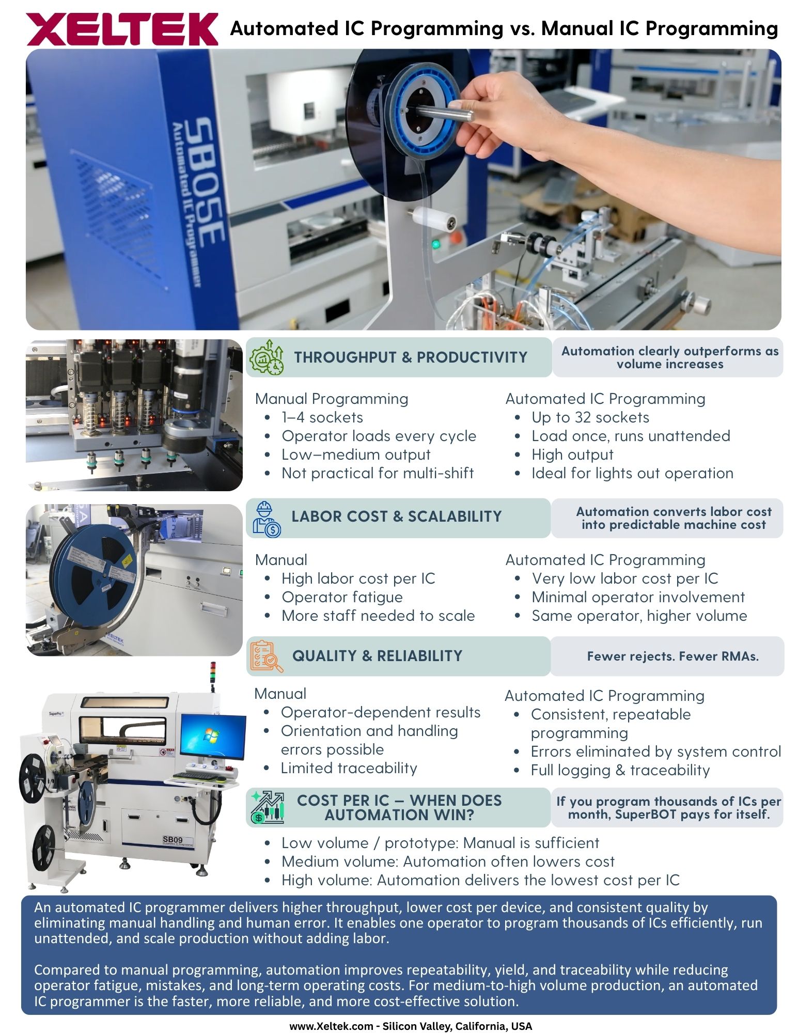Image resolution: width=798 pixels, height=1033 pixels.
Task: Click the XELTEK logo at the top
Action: coord(122,29)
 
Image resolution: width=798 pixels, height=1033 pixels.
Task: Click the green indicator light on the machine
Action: coord(435,243)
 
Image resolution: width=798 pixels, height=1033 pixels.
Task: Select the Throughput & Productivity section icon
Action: coord(267,357)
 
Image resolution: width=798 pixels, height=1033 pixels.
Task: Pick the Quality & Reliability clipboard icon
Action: coord(267,656)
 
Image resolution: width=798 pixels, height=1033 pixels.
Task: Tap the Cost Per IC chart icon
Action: coord(268,807)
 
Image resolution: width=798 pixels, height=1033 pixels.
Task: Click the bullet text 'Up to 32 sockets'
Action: coord(590,417)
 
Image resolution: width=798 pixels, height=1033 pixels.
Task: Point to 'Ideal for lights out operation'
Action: coord(632,473)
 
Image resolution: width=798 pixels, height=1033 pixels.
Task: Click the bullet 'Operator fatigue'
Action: coord(342,597)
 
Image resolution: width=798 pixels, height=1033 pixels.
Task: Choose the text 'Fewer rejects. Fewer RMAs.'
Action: coord(672,656)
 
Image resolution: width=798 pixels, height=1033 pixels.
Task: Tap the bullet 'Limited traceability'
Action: coord(349,768)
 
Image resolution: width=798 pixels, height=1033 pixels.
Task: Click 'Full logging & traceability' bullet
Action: coord(620,770)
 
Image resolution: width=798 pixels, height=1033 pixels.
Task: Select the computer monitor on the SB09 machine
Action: coord(214,738)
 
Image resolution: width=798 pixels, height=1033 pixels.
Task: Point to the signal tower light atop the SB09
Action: coord(213,675)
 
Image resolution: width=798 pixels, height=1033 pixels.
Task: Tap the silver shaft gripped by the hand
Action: coord(444,112)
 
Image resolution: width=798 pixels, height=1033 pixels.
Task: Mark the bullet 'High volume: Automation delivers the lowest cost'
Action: coord(480,880)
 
